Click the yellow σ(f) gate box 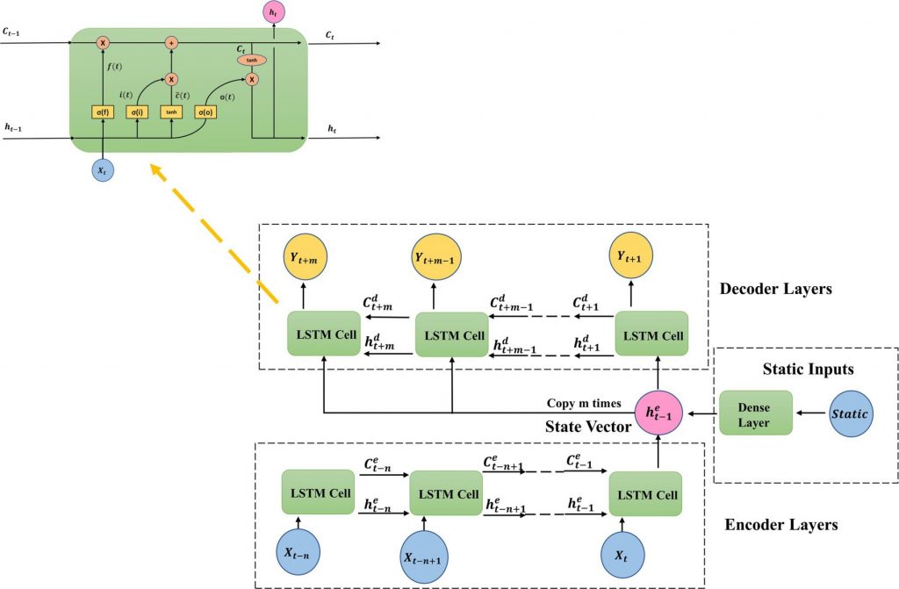[x=103, y=111]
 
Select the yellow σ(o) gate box [x=205, y=111]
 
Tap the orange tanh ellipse [x=251, y=61]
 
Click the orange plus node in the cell [x=171, y=41]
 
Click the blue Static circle [x=851, y=413]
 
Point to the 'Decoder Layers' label [x=775, y=289]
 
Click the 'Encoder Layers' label [x=780, y=525]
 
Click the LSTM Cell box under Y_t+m [x=324, y=334]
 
